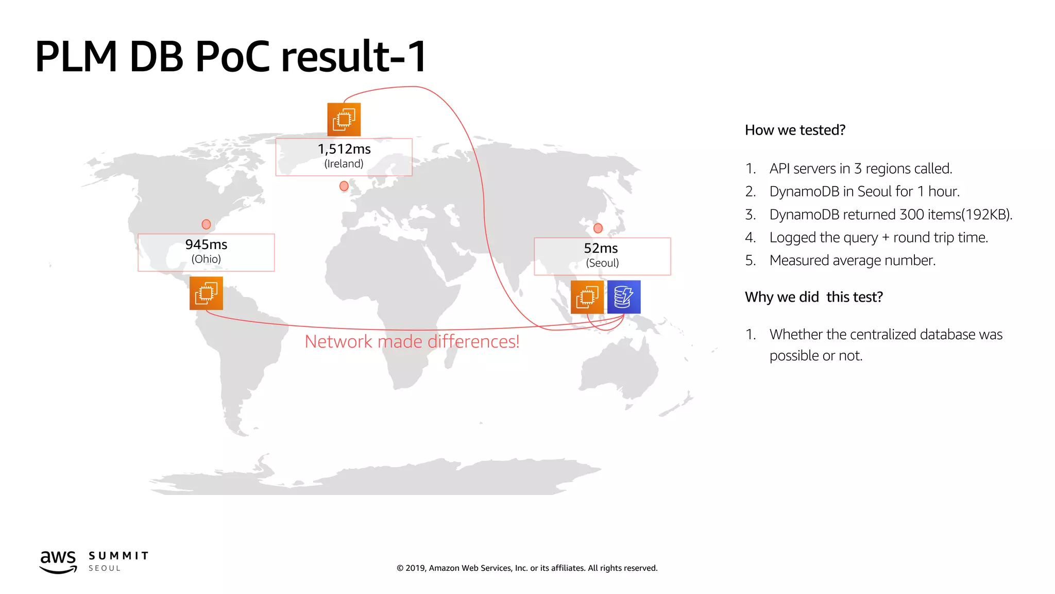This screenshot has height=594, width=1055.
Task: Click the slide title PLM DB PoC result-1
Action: pos(230,56)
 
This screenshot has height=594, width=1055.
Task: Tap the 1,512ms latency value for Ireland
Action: pos(344,149)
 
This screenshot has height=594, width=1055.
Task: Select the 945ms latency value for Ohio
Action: pos(206,244)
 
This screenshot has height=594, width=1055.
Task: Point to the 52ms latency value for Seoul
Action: pos(601,248)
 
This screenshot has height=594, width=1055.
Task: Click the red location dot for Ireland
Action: pos(344,186)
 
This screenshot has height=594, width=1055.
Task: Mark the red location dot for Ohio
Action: pos(206,224)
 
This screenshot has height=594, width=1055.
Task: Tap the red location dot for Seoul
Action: pos(598,228)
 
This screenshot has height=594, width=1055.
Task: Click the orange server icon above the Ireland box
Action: pos(344,120)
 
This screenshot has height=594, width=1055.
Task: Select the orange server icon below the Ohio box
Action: pos(206,293)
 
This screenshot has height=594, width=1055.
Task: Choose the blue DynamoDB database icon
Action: pos(624,297)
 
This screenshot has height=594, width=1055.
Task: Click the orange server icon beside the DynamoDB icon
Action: pos(587,297)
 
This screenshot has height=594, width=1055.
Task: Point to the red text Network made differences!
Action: pos(412,341)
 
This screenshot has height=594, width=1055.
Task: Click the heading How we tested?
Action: pos(795,130)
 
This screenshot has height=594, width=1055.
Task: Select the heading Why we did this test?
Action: pos(813,297)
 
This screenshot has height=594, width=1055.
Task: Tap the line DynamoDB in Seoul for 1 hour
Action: pos(864,191)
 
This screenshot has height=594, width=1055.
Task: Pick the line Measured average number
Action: pos(852,260)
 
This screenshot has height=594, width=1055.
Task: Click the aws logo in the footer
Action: pos(58,561)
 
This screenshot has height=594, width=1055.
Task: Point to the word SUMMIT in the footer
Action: pos(118,556)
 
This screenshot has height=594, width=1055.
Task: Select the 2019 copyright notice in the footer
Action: pos(527,568)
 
